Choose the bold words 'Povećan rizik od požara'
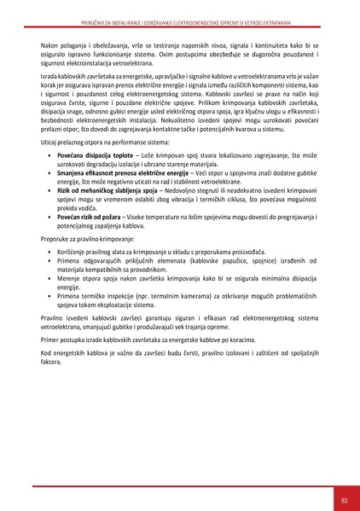coord(89,218)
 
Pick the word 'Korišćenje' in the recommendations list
coord(71,254)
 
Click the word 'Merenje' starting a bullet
coord(67,280)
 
